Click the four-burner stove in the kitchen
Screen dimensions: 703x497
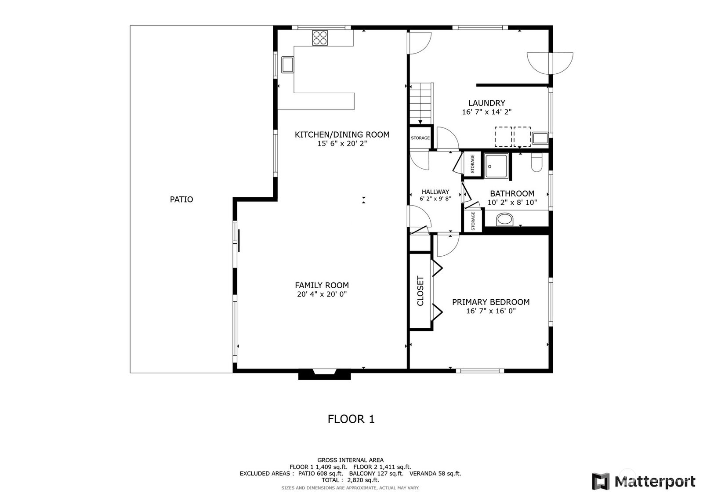point(320,38)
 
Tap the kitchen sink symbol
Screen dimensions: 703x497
point(287,65)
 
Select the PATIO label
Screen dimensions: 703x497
point(181,200)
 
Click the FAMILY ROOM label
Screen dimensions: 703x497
point(322,285)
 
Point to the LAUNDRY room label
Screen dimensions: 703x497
point(487,103)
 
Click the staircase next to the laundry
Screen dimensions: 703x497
point(421,103)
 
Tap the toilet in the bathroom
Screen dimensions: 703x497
point(536,162)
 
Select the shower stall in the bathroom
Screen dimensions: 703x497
point(496,166)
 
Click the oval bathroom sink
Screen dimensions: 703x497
point(505,219)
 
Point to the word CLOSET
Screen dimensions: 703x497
point(420,291)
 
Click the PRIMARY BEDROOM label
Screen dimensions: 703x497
point(491,302)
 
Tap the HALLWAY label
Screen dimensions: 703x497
point(435,192)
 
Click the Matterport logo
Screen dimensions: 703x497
point(644,481)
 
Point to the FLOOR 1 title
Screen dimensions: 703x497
point(351,419)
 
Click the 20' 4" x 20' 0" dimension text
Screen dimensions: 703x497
point(322,294)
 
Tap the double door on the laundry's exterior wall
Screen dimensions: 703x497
point(550,63)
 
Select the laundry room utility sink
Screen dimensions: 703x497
point(540,138)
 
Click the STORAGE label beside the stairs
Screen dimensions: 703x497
point(420,138)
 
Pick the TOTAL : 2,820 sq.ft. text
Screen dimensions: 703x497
point(350,480)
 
